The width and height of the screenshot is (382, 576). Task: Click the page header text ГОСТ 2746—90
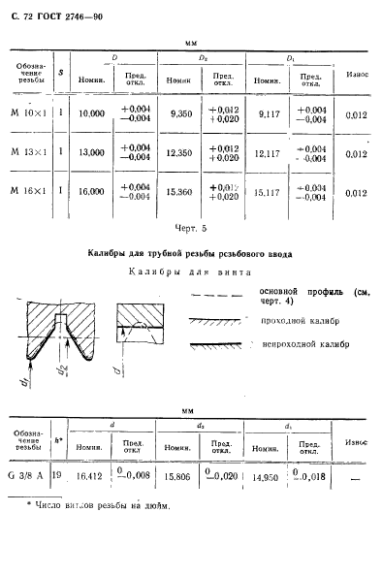64,19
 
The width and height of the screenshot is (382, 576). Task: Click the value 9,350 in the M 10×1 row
181,113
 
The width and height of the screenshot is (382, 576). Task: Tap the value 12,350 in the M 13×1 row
181,152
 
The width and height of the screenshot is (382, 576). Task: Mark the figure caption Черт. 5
190,229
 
